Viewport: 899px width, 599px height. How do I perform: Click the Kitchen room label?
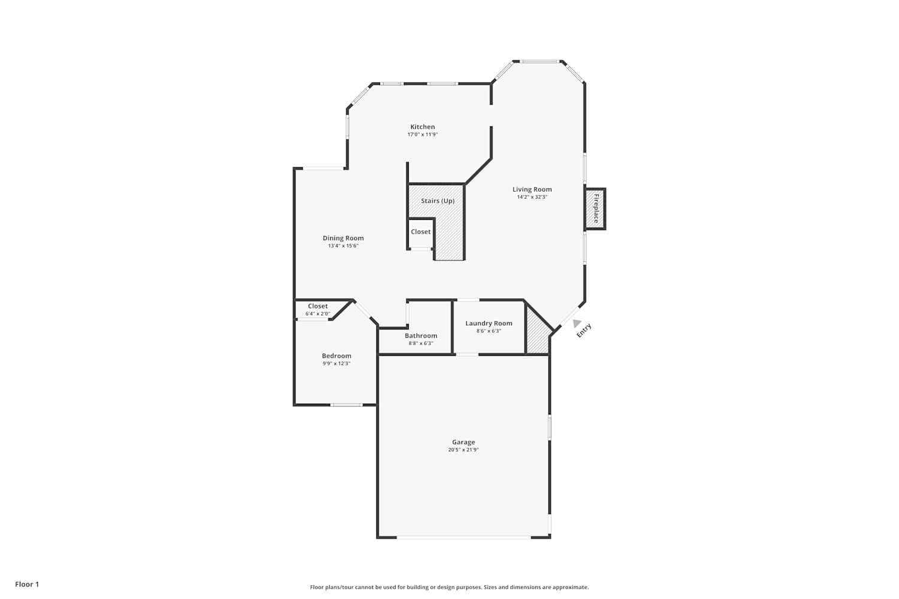[422, 127]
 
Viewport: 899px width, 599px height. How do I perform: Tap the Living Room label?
[532, 189]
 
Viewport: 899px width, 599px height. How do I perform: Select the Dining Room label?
[343, 238]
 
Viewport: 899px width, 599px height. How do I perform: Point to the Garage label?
[463, 442]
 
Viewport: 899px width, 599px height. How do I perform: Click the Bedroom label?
[336, 356]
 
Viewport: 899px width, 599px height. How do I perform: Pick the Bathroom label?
[421, 336]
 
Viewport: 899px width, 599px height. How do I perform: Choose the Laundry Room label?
[489, 323]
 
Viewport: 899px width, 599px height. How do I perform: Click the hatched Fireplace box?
[595, 208]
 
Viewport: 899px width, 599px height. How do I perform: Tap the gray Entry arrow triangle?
[577, 323]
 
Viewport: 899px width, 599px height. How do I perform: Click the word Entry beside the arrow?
[584, 331]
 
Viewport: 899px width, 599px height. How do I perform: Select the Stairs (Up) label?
[438, 201]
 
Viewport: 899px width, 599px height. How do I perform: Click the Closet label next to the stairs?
[421, 232]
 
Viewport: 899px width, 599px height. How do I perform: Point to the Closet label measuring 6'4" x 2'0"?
[318, 306]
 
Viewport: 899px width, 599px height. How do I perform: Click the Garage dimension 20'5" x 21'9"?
[463, 450]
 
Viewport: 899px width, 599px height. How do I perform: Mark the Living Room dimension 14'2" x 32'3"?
[532, 197]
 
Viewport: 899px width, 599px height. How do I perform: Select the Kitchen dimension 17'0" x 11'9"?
[422, 134]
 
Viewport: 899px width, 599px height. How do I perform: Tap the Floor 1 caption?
[27, 584]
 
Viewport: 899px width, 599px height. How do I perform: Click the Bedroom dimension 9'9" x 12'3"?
[336, 364]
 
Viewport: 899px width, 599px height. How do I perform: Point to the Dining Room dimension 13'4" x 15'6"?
[343, 246]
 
